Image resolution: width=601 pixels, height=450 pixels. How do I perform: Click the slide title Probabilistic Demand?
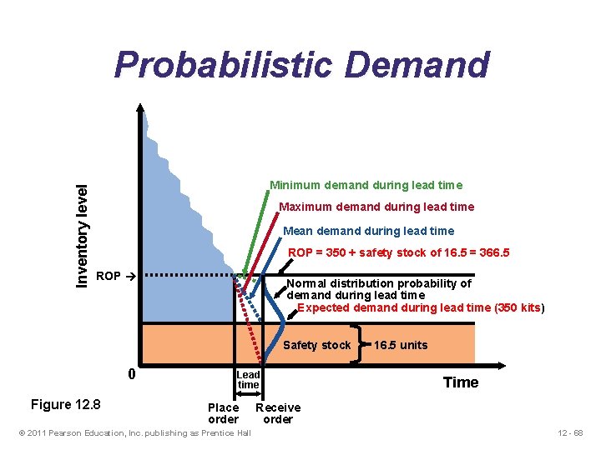point(301,65)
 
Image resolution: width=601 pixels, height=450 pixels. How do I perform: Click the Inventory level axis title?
point(83,225)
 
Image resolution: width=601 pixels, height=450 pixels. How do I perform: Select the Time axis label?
point(461,382)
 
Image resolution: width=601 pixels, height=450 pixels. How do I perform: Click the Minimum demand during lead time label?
point(366,185)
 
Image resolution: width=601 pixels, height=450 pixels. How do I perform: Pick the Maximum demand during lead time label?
point(376,207)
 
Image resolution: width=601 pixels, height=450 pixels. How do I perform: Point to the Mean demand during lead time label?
point(369,231)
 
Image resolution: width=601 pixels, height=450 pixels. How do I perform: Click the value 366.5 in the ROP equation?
point(492,252)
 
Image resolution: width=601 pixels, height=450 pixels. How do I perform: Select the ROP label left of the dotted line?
point(109,276)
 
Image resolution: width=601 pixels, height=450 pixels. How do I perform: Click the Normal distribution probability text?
point(379,283)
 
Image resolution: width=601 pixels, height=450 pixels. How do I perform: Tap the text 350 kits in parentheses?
point(518,307)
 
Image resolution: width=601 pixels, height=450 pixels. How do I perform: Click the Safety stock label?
point(317,345)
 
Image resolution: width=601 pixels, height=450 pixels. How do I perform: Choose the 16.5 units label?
point(401,345)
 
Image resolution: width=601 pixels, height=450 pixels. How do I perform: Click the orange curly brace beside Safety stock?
point(359,344)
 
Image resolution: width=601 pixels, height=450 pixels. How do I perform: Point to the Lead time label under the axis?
point(249,380)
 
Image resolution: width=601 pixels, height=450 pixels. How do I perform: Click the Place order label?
point(223,413)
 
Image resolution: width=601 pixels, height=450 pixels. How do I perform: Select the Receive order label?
point(278,413)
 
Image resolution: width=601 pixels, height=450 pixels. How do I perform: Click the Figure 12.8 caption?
point(65,405)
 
